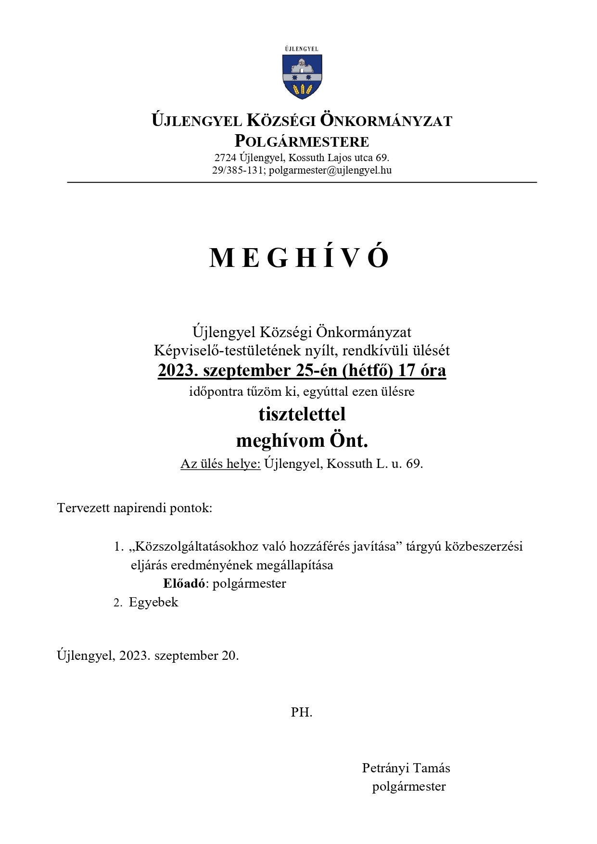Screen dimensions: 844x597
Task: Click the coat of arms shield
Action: coord(302,76)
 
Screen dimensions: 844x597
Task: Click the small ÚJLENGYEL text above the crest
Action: coord(302,49)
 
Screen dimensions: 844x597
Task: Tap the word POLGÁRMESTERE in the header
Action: coord(302,141)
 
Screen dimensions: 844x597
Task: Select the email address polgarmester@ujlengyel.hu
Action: coord(330,170)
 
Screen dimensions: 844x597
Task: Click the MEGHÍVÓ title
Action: coord(299,258)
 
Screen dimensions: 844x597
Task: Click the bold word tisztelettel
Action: coord(302,414)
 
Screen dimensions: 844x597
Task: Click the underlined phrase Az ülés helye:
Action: coord(220,464)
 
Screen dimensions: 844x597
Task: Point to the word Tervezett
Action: coord(83,508)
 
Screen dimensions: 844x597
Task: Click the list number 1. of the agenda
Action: coord(118,547)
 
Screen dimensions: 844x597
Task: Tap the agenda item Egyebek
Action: coord(153,602)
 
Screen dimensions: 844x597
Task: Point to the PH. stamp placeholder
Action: coord(302,712)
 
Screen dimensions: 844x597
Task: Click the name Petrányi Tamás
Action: coord(406,768)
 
